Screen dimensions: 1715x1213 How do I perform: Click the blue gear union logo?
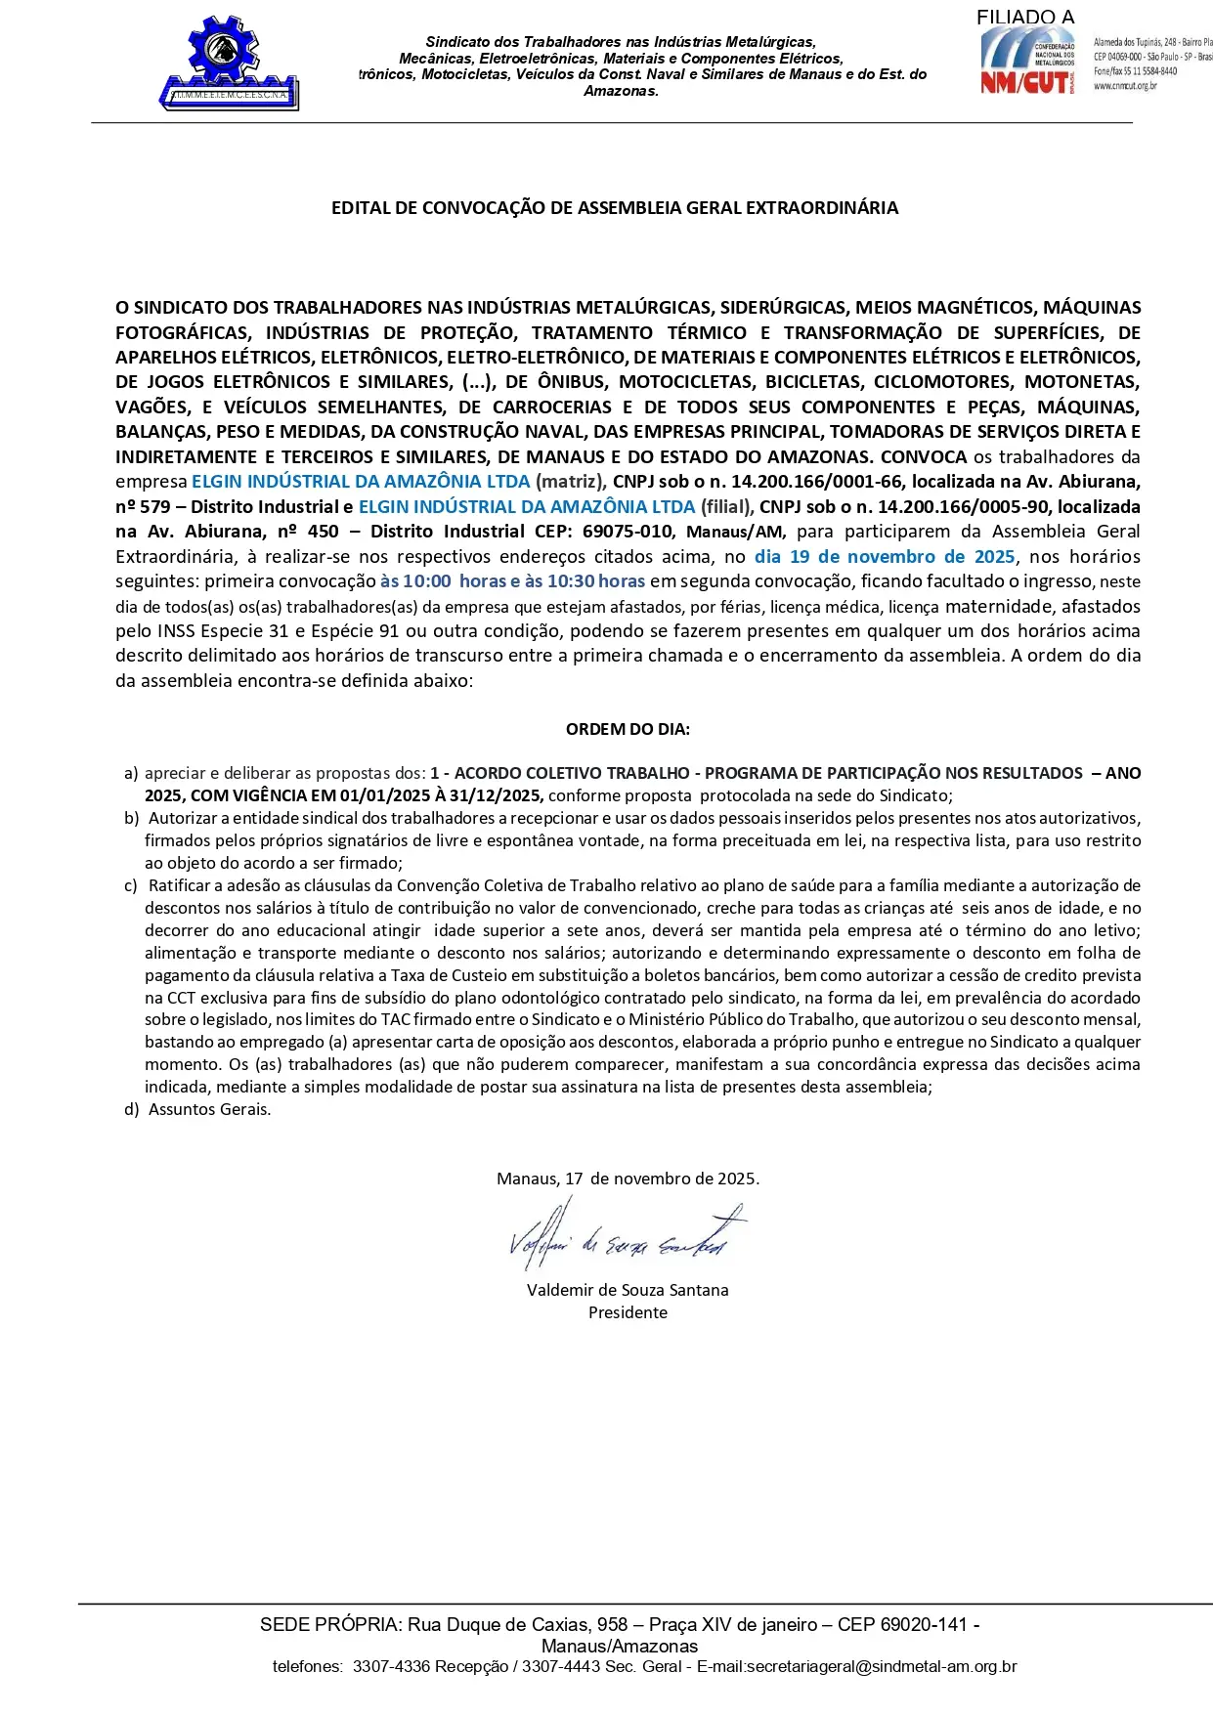pyautogui.click(x=229, y=63)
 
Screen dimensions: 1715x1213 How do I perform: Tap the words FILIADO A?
pyautogui.click(x=1024, y=17)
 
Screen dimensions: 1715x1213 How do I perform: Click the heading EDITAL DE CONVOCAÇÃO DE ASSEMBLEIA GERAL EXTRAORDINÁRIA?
pyautogui.click(x=614, y=208)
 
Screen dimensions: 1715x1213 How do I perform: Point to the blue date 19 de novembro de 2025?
pyautogui.click(x=885, y=557)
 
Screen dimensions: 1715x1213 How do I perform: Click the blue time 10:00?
pyautogui.click(x=427, y=581)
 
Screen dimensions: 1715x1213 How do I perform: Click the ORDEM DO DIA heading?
pyautogui.click(x=628, y=729)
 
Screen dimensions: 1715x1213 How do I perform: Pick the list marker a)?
pyautogui.click(x=131, y=773)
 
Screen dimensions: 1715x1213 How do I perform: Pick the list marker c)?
pyautogui.click(x=131, y=885)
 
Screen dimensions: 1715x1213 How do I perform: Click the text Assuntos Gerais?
pyautogui.click(x=209, y=1109)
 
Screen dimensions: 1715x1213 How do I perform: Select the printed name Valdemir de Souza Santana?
pyautogui.click(x=628, y=1290)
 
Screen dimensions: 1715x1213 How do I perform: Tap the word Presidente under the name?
pyautogui.click(x=628, y=1312)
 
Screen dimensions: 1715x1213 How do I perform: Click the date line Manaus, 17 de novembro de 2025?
pyautogui.click(x=628, y=1179)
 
